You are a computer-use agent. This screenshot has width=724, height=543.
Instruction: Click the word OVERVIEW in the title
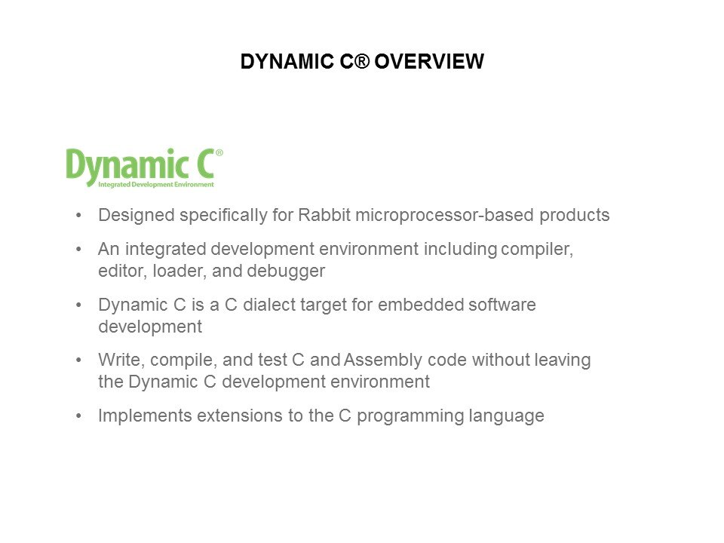429,61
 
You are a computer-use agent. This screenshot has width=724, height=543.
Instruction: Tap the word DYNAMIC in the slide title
287,61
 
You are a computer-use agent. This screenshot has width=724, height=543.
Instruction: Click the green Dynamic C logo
144,167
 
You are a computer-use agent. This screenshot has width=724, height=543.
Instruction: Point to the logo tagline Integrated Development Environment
156,185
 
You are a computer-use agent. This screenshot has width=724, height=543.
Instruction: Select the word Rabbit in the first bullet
324,215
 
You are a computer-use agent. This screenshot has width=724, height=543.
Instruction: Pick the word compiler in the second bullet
537,250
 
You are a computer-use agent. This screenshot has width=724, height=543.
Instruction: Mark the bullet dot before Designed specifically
78,216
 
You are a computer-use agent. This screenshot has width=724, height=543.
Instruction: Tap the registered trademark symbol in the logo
219,152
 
